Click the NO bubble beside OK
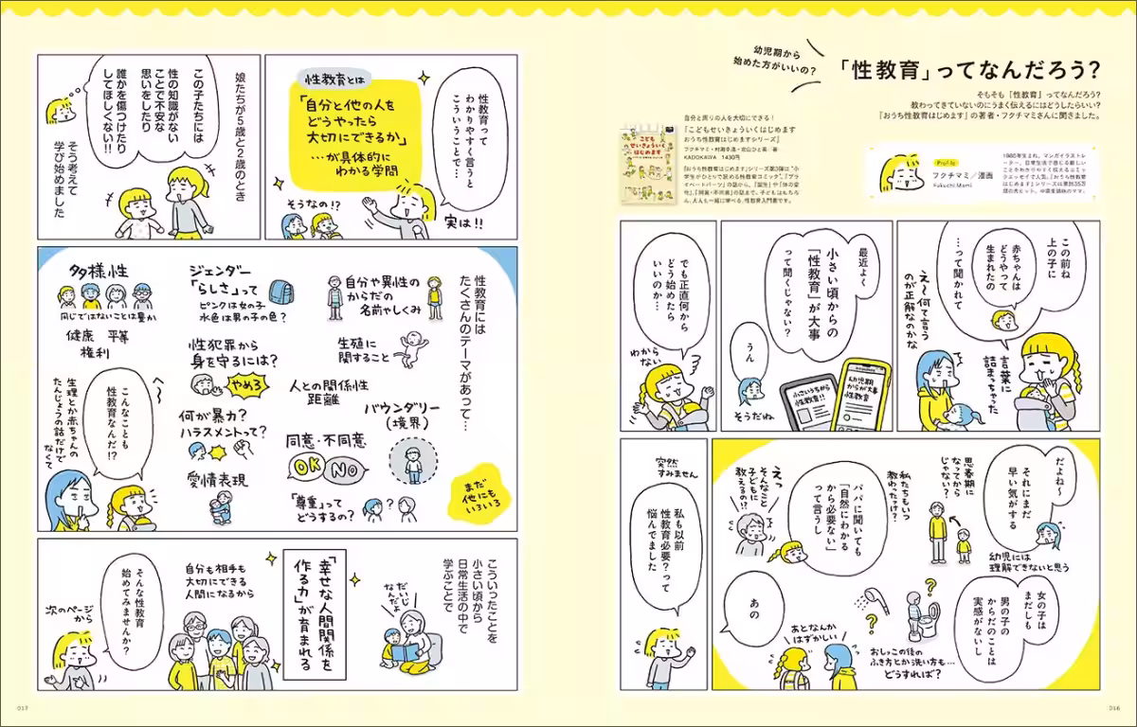[346, 468]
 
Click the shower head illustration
[865, 600]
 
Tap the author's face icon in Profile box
[901, 174]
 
